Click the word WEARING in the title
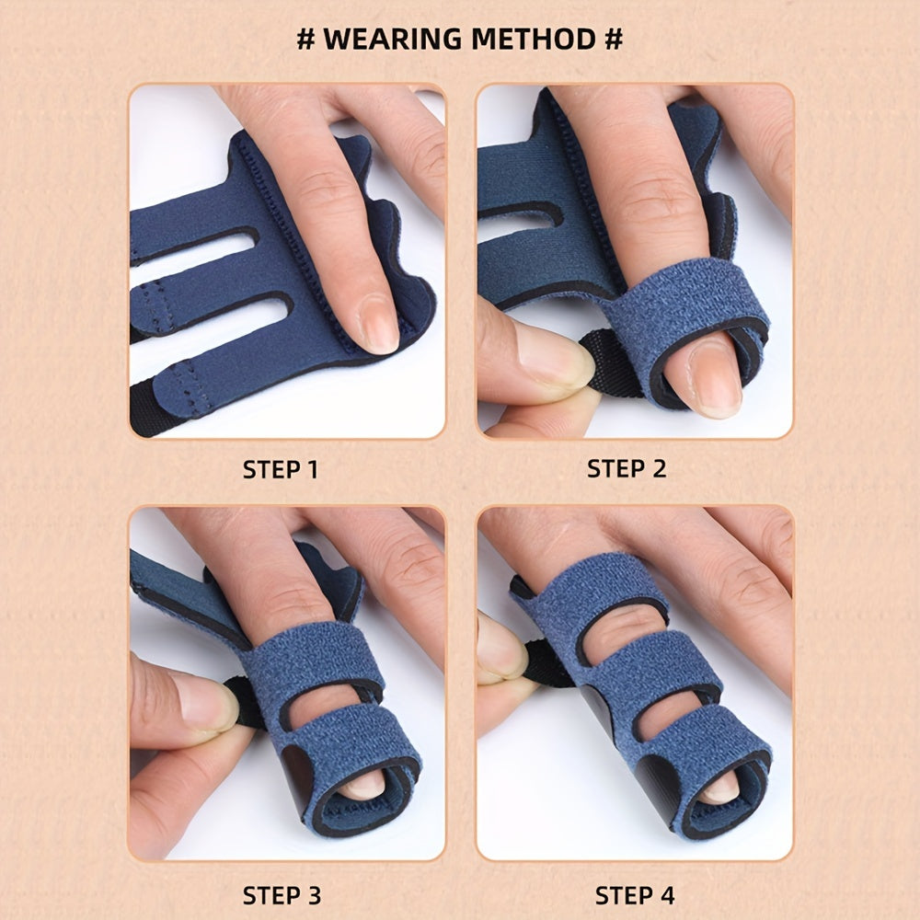(x=393, y=40)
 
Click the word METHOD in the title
(x=534, y=40)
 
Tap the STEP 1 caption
(x=281, y=469)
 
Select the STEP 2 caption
(x=627, y=469)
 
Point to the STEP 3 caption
(x=282, y=896)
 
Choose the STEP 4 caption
(x=635, y=896)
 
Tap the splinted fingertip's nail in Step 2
(x=715, y=377)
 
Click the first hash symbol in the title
(x=305, y=40)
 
